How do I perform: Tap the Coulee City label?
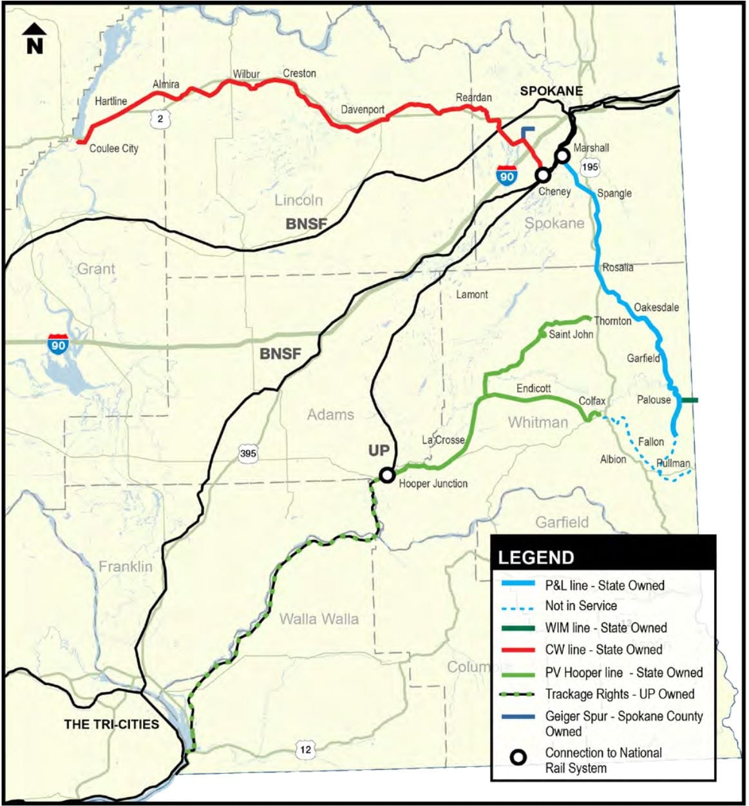click(x=113, y=148)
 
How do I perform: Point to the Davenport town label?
click(x=363, y=110)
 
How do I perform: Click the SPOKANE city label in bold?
click(x=551, y=91)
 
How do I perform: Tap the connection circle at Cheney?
click(x=543, y=175)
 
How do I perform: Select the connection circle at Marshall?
click(x=562, y=155)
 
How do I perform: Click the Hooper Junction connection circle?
click(x=387, y=475)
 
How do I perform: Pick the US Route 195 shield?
click(x=589, y=167)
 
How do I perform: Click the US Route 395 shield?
click(x=248, y=454)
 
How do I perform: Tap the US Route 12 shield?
click(x=305, y=749)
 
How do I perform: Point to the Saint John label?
click(x=571, y=334)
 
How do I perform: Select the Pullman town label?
click(x=673, y=463)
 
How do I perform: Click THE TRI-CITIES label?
click(x=111, y=724)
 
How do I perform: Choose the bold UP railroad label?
click(x=379, y=450)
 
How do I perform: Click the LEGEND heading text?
click(x=536, y=557)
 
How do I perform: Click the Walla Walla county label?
click(x=319, y=619)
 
